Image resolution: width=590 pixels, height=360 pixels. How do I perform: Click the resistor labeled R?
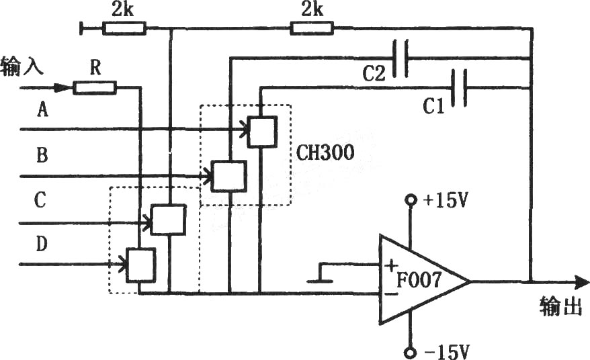coord(95,87)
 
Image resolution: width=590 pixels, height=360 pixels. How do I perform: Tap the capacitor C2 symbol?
coord(400,58)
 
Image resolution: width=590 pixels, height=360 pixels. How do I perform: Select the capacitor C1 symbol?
coord(459,88)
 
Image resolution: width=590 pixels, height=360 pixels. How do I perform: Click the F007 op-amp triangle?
coord(425,279)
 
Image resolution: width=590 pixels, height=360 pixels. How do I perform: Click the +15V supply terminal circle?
coord(411,199)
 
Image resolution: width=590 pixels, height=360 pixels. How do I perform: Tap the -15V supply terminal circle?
coord(411,353)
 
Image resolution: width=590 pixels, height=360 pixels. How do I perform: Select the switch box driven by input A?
coord(262,131)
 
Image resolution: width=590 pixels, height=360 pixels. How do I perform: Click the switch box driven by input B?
coord(229,176)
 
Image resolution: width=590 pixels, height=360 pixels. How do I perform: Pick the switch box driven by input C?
coord(168,220)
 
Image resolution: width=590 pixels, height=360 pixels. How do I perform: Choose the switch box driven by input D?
coord(140,265)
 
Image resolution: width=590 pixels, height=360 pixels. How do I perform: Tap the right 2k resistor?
coord(312,28)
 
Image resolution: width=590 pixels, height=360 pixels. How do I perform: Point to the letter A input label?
coord(43,110)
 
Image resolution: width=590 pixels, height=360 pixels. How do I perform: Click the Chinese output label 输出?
coord(560,306)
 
